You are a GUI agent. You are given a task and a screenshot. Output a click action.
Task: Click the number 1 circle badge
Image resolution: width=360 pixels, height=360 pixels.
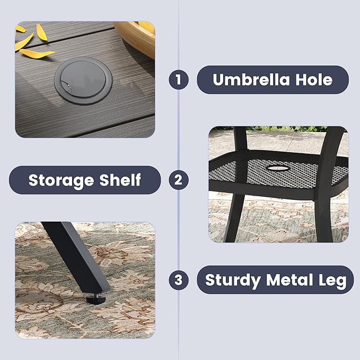click(179, 80)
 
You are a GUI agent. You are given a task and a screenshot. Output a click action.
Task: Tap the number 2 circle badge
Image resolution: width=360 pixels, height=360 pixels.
click(179, 180)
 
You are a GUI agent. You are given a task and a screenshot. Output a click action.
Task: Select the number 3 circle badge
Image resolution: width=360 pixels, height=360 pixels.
click(179, 280)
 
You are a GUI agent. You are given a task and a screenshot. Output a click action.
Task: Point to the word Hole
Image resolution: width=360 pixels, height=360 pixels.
click(314, 80)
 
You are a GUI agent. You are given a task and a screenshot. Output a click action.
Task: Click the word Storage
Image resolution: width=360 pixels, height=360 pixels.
click(61, 180)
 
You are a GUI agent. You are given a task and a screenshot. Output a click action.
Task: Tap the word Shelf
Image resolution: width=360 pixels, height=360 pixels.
click(120, 180)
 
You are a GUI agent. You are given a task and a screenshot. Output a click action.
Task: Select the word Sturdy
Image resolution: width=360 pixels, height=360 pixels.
click(233, 280)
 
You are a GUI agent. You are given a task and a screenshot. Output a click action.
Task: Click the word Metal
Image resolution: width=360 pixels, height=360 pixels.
click(289, 280)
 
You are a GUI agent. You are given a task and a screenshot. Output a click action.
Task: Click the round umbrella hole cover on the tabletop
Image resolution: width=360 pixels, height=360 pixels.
click(83, 81)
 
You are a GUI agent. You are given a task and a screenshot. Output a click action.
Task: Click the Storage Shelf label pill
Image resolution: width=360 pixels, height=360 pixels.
click(85, 180)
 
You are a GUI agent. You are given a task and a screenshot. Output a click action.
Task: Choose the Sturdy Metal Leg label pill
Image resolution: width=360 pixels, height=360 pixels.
click(275, 280)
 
